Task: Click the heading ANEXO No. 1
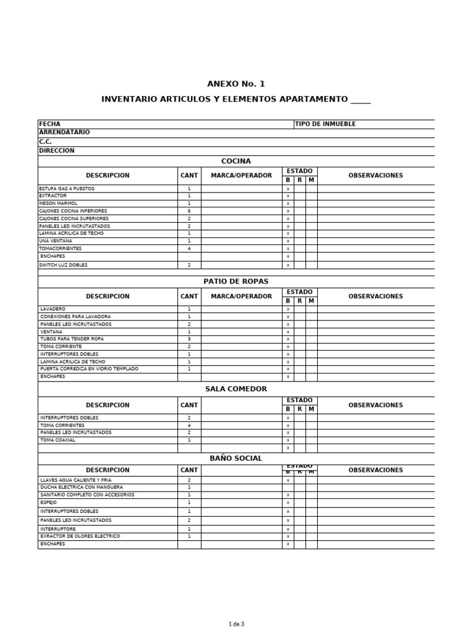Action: [x=236, y=84]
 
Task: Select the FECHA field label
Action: [x=50, y=124]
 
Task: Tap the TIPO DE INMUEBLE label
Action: [x=325, y=124]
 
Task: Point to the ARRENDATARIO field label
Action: [x=64, y=132]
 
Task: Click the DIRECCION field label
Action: [x=57, y=150]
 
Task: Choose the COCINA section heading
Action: [x=236, y=161]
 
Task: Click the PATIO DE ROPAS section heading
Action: [x=236, y=281]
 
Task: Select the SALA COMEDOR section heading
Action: [x=236, y=389]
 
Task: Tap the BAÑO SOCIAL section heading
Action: [x=236, y=458]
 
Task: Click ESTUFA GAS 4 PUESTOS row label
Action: [x=67, y=188]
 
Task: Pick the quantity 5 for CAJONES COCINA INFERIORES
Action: [x=189, y=211]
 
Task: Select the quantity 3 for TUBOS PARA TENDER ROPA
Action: [x=189, y=339]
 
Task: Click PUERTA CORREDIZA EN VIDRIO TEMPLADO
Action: [x=89, y=369]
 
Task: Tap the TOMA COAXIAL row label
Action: [x=58, y=440]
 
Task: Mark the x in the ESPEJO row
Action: [x=288, y=503]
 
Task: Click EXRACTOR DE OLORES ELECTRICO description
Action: [x=80, y=536]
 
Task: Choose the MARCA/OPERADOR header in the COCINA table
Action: [x=241, y=175]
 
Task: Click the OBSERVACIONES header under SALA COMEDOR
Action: [x=376, y=405]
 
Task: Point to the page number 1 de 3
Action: [x=236, y=624]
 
